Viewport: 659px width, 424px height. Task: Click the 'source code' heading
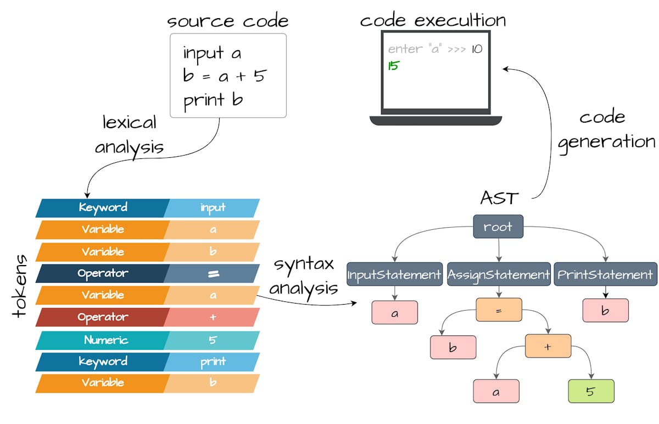[x=228, y=21]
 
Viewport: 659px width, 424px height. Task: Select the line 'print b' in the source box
[x=213, y=100]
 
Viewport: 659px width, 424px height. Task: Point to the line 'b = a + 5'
[x=224, y=76]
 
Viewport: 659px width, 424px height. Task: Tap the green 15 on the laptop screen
[x=393, y=66]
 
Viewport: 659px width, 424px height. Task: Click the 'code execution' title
[x=433, y=20]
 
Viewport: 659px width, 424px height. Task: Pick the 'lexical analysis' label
[x=129, y=135]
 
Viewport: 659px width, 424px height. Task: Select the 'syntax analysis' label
[x=304, y=276]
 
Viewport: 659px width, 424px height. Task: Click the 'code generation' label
[x=606, y=130]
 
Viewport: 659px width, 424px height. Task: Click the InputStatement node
[x=394, y=274]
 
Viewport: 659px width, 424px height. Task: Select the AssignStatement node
[x=499, y=274]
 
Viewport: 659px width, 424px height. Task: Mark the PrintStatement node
[x=605, y=274]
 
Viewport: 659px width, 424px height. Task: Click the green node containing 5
[x=590, y=392]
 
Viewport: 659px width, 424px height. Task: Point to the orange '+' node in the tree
[x=548, y=346]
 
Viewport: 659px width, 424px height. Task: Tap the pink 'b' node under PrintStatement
[x=605, y=311]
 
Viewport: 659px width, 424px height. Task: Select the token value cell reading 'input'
[x=212, y=208]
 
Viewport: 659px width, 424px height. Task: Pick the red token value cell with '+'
[x=212, y=317]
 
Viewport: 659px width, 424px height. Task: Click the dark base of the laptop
[x=435, y=120]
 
